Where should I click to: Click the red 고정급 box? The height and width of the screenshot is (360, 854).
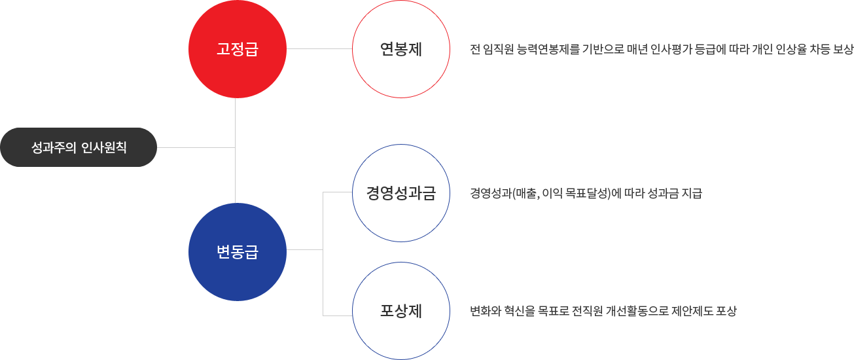click(x=234, y=49)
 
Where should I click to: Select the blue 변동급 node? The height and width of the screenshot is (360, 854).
click(x=238, y=251)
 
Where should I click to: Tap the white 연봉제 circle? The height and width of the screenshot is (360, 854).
click(x=400, y=50)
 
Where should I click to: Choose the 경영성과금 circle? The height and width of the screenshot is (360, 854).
click(x=400, y=193)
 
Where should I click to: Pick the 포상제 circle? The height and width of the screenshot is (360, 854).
click(x=400, y=310)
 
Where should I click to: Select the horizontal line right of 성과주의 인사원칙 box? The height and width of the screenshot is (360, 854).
click(x=196, y=148)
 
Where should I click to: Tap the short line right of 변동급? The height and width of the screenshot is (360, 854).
click(x=304, y=250)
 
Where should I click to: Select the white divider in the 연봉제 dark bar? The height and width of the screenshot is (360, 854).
click(x=763, y=49)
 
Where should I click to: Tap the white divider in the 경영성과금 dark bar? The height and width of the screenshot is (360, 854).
click(x=522, y=194)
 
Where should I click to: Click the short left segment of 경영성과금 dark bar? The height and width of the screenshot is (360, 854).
click(x=495, y=194)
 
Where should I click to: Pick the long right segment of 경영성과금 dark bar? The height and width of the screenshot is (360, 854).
click(x=612, y=194)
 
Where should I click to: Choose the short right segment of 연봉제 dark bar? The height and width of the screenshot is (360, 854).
click(x=809, y=49)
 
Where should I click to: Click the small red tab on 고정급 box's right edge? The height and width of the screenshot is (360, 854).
click(x=283, y=49)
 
